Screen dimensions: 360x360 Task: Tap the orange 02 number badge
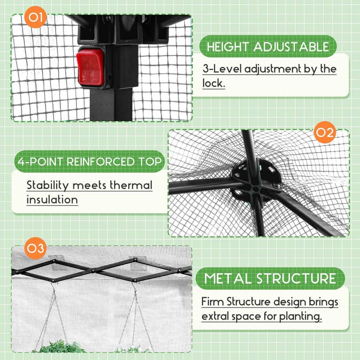click(x=324, y=133)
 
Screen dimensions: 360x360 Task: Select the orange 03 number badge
click(x=36, y=249)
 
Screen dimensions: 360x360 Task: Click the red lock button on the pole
click(x=90, y=67)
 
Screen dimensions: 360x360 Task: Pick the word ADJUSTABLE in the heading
click(x=291, y=47)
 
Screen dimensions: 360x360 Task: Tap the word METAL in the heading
click(x=228, y=279)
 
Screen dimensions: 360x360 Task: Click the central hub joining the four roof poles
click(x=255, y=188)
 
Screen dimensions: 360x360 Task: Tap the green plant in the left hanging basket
click(x=58, y=347)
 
